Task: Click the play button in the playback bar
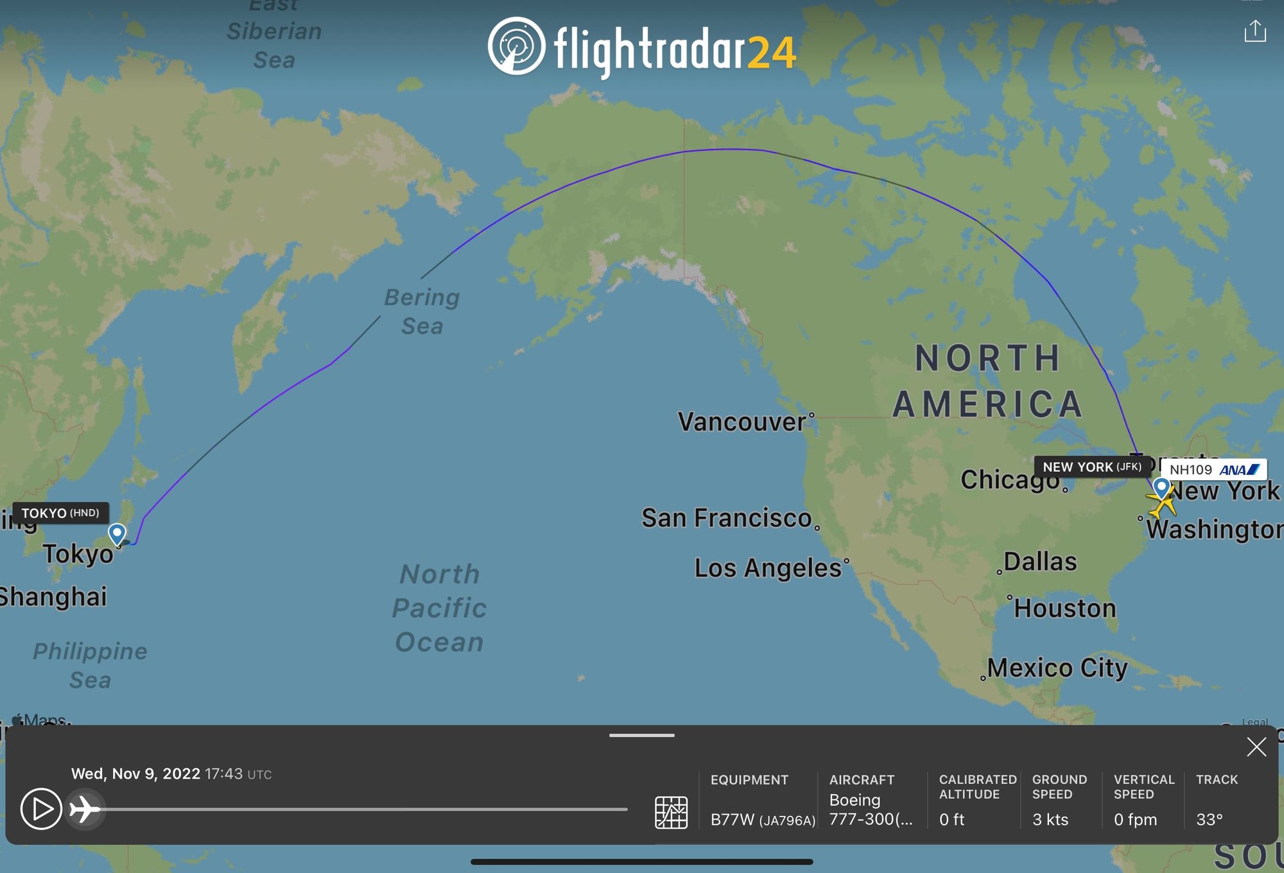[41, 809]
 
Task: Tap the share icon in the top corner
[1255, 31]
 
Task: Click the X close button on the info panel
[1256, 747]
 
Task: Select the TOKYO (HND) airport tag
[60, 513]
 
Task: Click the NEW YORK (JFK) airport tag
[1091, 467]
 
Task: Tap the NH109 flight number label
[1191, 470]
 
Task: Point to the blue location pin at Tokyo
[117, 533]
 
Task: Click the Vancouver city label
[742, 422]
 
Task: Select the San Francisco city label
[727, 518]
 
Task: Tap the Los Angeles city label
[768, 568]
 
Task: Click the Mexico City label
[1057, 668]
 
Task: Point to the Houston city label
[1064, 608]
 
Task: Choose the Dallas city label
[1040, 562]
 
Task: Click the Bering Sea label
[422, 311]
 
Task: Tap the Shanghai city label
[53, 596]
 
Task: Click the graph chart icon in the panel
[671, 812]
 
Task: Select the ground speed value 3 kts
[1050, 820]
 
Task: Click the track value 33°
[1209, 820]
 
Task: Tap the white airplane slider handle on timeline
[85, 809]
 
